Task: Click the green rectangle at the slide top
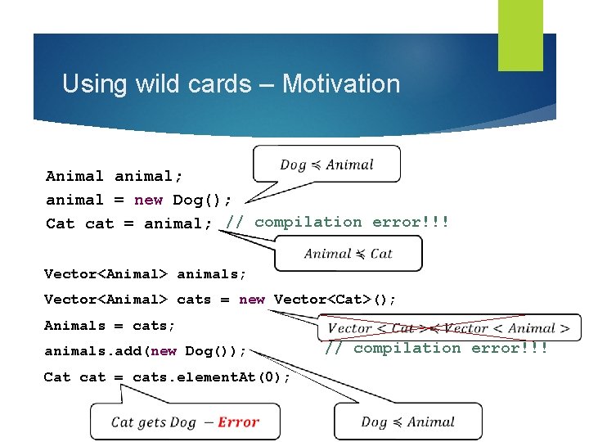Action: pyautogui.click(x=520, y=34)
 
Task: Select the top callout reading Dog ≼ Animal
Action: pyautogui.click(x=326, y=165)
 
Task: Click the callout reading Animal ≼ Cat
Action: pyautogui.click(x=348, y=254)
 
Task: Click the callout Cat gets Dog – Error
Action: pyautogui.click(x=185, y=422)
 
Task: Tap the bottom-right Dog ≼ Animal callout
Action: pyautogui.click(x=407, y=422)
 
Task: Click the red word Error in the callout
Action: pyautogui.click(x=239, y=422)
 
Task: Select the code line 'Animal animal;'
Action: pyautogui.click(x=115, y=176)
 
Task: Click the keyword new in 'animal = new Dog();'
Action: pyautogui.click(x=148, y=200)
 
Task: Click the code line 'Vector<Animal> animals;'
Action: pyautogui.click(x=145, y=274)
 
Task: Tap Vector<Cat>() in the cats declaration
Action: pyautogui.click(x=335, y=300)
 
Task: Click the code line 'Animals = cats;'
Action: pyautogui.click(x=110, y=325)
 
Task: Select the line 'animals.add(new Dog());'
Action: pyautogui.click(x=145, y=351)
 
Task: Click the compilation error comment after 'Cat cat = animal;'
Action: pyautogui.click(x=338, y=222)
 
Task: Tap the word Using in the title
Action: pyautogui.click(x=89, y=83)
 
